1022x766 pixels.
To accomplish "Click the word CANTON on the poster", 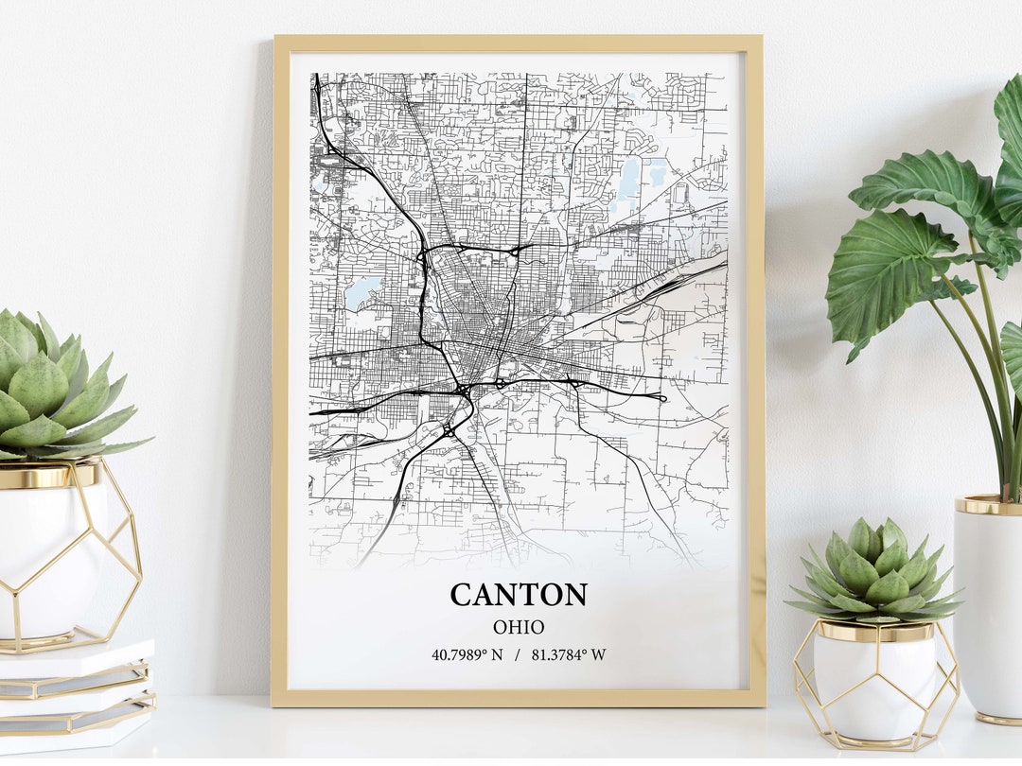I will click(x=518, y=595).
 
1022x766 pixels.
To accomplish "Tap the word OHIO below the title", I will click(x=518, y=627).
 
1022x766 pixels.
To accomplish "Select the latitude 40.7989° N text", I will click(x=467, y=654).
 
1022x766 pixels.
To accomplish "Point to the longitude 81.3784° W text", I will click(x=569, y=654).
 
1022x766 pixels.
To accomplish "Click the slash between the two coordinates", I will click(x=518, y=654).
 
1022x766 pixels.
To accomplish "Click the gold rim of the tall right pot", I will click(x=989, y=505).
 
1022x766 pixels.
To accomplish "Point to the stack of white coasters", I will click(x=76, y=695).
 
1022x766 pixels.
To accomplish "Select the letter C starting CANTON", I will click(x=462, y=595).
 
